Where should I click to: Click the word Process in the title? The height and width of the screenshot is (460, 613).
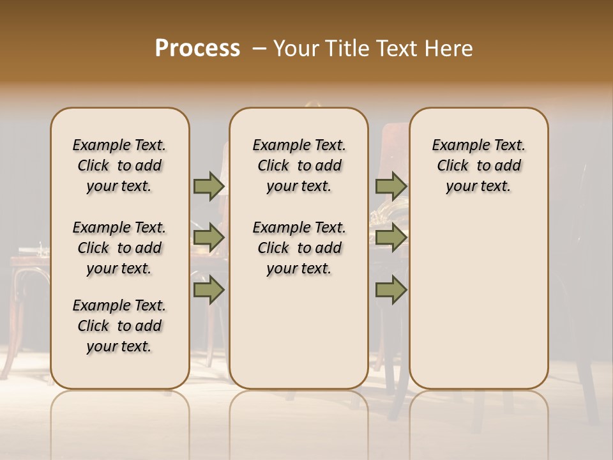pos(197,49)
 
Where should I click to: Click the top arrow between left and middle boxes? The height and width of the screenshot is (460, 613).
pos(209,186)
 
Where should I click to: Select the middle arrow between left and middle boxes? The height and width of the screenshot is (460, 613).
pos(209,238)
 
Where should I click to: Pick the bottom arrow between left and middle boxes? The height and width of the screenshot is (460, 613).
pos(209,290)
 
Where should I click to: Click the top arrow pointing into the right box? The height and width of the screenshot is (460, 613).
pos(391,186)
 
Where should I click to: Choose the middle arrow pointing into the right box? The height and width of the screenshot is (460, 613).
pos(391,238)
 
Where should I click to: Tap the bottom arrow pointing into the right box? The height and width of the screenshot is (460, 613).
pos(391,290)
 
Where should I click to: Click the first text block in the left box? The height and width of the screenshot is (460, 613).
pos(119,165)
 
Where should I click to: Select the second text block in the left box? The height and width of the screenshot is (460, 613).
pos(119,248)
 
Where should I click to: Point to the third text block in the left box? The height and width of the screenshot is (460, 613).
pos(119,326)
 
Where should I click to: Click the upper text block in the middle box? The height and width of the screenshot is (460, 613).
pos(299,165)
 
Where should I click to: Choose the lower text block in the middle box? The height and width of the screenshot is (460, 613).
pos(299,248)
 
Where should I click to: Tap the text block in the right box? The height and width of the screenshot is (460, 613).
pos(478,165)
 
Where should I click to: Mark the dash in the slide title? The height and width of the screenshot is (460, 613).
pos(260,49)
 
